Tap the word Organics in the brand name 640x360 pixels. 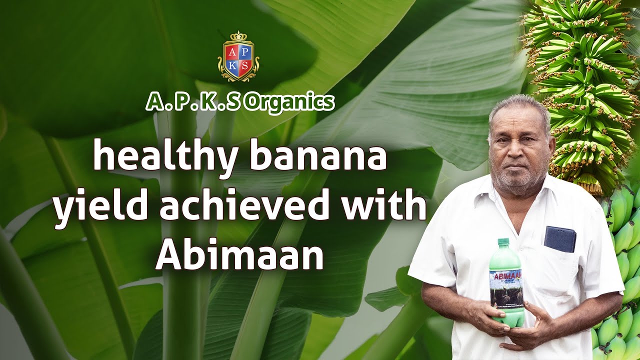tap(290, 102)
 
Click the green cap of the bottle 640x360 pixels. tap(503, 242)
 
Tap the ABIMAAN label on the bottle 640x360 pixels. tap(505, 275)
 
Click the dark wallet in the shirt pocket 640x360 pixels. tap(559, 239)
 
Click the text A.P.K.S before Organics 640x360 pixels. tap(193, 102)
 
